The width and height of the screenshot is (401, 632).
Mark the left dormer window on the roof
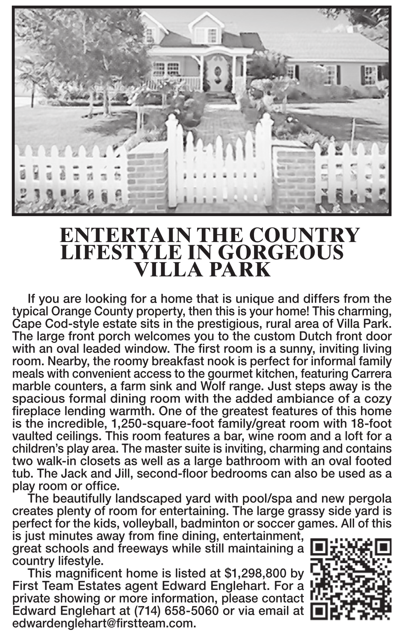(150, 35)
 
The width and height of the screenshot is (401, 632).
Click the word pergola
(371, 499)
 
